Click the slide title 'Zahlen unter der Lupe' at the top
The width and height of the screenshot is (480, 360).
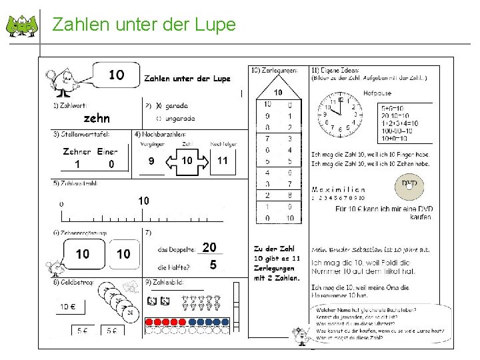click(144, 25)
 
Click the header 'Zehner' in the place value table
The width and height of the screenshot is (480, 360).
click(77, 151)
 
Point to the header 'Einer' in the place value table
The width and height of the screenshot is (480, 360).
click(107, 151)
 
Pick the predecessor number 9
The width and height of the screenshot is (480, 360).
click(151, 161)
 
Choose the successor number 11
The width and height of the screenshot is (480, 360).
click(222, 160)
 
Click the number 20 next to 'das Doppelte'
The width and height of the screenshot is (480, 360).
click(209, 247)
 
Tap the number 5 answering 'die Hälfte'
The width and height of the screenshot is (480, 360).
click(213, 265)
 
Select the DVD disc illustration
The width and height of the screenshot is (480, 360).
click(409, 186)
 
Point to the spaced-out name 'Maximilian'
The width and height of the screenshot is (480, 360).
click(338, 189)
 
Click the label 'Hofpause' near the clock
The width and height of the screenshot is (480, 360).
click(377, 93)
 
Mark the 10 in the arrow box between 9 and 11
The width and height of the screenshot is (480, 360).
click(187, 161)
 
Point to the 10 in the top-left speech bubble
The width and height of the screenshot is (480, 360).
click(116, 75)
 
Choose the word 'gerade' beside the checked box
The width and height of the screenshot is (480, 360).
click(177, 105)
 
